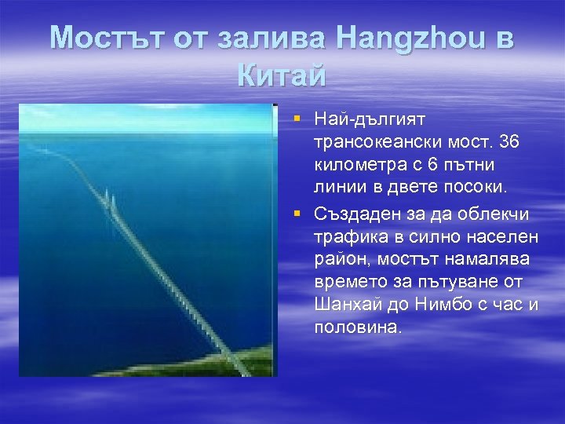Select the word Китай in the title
click(281, 76)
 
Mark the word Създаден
click(354, 214)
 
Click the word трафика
click(347, 236)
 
